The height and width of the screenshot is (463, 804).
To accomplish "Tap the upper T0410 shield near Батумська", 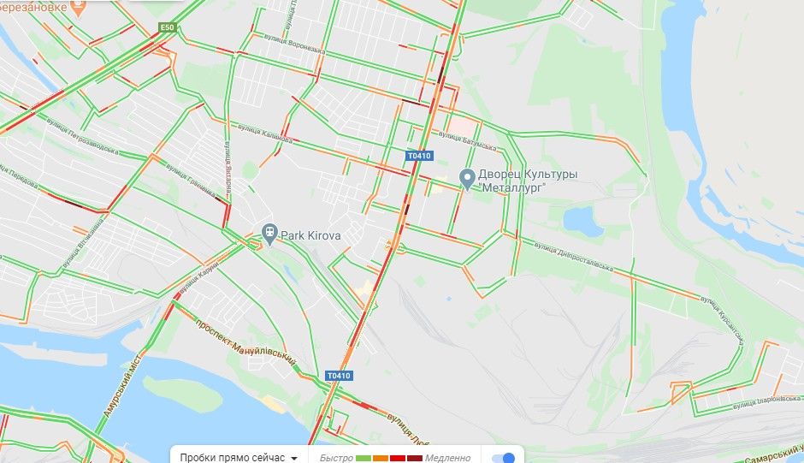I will click(419, 156).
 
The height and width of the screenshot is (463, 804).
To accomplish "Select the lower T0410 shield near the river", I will click(339, 376).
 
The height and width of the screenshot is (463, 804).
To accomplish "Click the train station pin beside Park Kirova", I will click(269, 232).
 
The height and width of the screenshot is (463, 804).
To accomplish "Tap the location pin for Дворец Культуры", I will click(467, 179).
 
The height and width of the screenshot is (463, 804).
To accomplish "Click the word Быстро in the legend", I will click(336, 458).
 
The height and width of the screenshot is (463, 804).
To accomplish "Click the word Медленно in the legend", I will click(447, 458).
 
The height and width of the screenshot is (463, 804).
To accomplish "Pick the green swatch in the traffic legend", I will click(363, 458).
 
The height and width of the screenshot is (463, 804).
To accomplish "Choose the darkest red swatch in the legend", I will click(415, 458).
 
